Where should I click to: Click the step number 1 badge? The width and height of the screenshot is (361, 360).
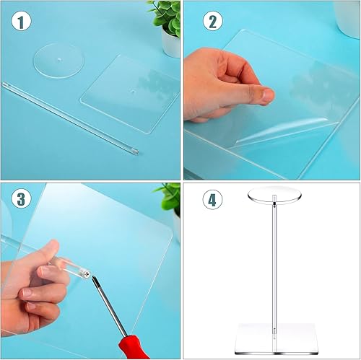[22, 22]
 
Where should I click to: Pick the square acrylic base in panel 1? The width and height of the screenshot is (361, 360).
[130, 94]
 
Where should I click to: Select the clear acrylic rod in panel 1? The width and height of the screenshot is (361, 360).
[72, 115]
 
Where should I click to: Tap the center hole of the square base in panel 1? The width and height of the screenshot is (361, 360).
[131, 92]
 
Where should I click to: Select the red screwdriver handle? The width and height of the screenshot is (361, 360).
[134, 345]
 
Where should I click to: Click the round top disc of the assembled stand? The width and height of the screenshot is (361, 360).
[271, 196]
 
